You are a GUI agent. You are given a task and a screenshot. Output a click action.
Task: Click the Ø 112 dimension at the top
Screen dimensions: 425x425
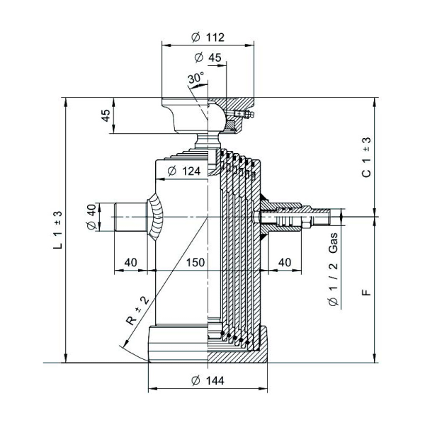click(x=208, y=38)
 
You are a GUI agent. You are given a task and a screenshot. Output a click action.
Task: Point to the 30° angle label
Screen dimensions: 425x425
click(x=195, y=76)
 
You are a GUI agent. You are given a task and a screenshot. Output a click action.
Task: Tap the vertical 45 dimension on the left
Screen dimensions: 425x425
click(x=107, y=116)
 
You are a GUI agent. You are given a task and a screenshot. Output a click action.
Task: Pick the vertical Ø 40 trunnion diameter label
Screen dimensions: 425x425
click(x=90, y=216)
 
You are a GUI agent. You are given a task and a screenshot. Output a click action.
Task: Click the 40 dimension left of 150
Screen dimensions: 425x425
click(x=130, y=262)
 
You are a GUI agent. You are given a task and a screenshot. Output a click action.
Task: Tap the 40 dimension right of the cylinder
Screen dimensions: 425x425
click(x=285, y=262)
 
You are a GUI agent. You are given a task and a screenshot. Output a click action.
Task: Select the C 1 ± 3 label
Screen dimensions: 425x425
click(x=366, y=157)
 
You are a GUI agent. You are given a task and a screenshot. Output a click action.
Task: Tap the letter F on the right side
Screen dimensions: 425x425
click(x=366, y=290)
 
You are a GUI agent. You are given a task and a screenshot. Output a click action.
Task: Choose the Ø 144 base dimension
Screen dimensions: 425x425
click(x=208, y=381)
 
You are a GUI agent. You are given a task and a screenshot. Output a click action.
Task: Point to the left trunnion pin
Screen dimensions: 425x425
click(x=130, y=216)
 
